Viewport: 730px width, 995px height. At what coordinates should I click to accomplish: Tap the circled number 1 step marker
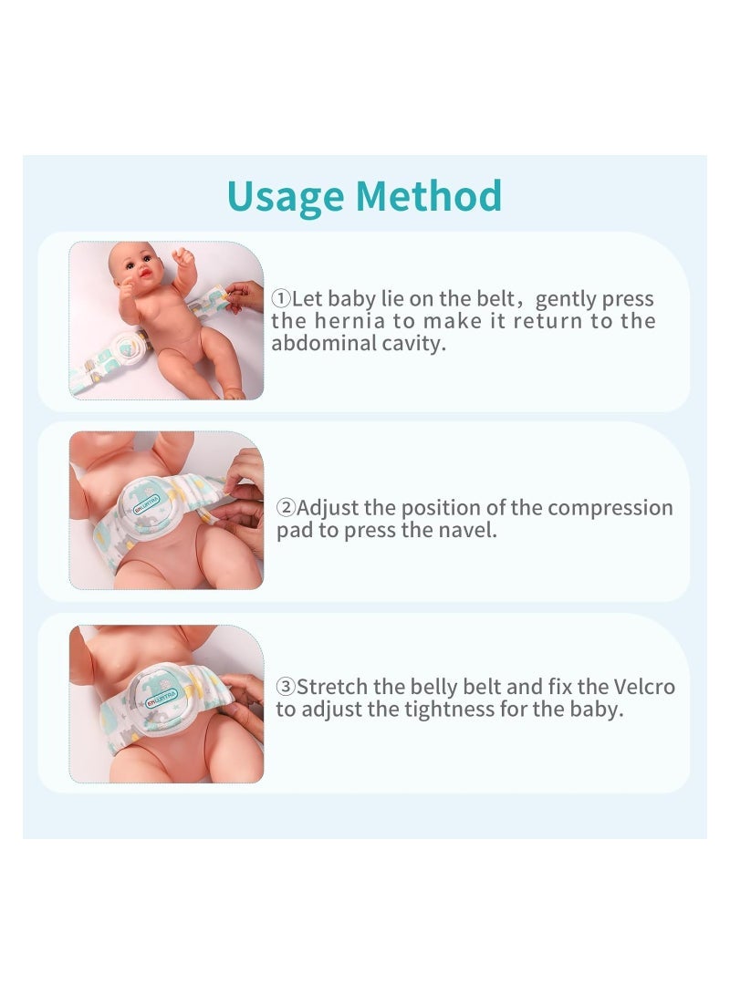pyautogui.click(x=280, y=299)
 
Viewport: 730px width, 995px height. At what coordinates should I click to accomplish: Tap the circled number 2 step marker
pyautogui.click(x=286, y=508)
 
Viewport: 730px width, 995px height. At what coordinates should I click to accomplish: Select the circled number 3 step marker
pyautogui.click(x=286, y=688)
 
